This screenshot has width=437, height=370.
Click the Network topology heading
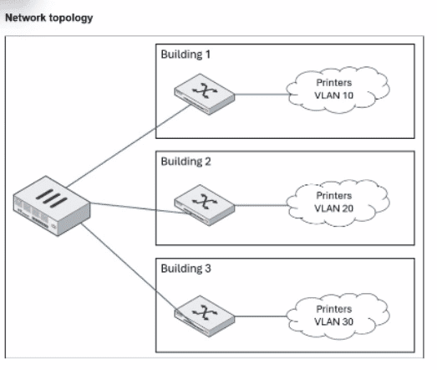pos(49,18)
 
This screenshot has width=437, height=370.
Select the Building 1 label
pos(185,54)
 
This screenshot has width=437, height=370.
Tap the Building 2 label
pos(185,162)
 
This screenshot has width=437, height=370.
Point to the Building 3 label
pos(185,269)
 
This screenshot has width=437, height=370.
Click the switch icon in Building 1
pos(204,94)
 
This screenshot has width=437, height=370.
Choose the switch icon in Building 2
pos(204,205)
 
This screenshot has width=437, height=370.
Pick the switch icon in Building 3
pos(204,316)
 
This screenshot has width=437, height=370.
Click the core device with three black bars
pos(52,206)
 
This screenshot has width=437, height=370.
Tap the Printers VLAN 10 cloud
pos(338,90)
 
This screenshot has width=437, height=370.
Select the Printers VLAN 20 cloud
pos(338,203)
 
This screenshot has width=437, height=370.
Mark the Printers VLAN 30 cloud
pos(338,316)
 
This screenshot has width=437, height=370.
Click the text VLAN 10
pos(334,95)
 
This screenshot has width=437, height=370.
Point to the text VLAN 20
pos(334,208)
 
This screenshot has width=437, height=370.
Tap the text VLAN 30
pos(334,321)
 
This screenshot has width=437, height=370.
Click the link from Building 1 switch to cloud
pos(262,95)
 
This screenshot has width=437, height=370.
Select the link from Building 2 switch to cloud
pos(261,205)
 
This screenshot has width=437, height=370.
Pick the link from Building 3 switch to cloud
pos(261,316)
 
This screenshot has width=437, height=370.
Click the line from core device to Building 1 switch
pos(129,146)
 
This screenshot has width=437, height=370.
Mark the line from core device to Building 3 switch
pos(128,267)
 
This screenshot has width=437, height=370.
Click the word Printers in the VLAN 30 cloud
pos(334,309)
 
